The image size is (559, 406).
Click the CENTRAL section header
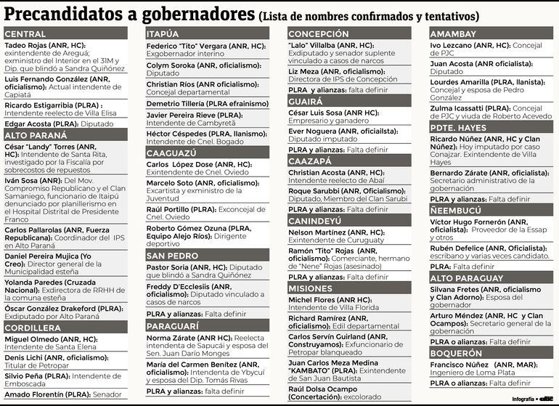(x=65, y=34)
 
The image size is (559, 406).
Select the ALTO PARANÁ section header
(x=65, y=134)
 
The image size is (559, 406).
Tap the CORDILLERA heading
(x=65, y=328)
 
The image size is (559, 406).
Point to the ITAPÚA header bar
(x=207, y=34)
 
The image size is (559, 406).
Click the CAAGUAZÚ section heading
(x=207, y=153)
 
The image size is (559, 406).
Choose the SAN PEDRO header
(x=207, y=256)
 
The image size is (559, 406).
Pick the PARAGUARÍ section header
(x=207, y=327)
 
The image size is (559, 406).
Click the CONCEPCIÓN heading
(x=349, y=34)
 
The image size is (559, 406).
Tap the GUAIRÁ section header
(x=349, y=102)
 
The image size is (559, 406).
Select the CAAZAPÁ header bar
(x=349, y=161)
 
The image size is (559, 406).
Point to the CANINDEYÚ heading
(x=349, y=220)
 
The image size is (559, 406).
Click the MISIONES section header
(x=349, y=288)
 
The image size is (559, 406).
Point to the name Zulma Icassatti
(x=458, y=109)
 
